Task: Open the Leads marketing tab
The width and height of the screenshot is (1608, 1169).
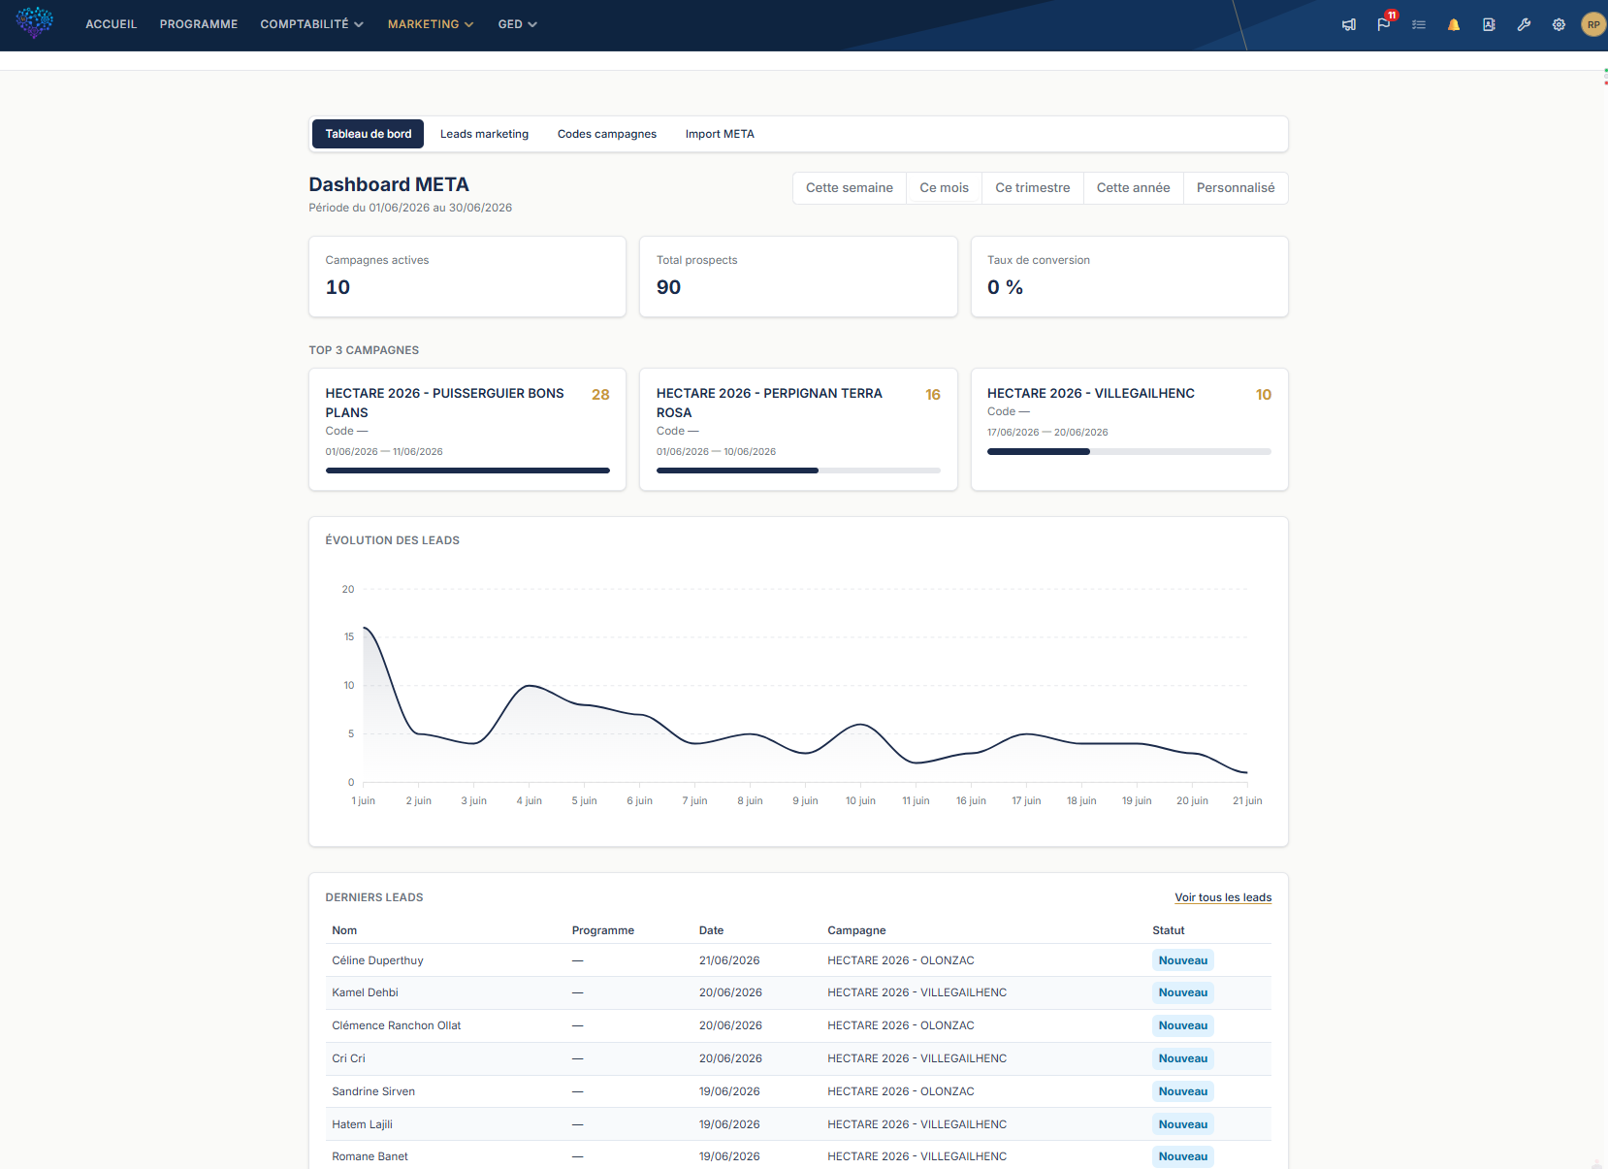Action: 484,134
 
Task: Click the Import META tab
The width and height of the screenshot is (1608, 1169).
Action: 720,134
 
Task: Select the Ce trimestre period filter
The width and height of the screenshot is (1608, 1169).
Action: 1032,188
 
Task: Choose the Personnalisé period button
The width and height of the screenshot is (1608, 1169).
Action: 1235,188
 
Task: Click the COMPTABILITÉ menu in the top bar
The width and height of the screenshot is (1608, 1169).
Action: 311,24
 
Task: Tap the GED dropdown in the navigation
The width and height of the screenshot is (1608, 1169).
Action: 517,24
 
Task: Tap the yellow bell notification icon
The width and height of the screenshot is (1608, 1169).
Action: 1454,25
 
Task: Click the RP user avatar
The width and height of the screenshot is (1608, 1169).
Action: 1592,25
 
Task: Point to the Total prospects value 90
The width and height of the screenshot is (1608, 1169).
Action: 668,287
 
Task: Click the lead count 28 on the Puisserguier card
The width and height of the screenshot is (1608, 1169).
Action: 600,395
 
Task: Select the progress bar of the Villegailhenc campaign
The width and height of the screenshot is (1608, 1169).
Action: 1129,452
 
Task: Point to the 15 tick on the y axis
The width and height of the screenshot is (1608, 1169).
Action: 349,637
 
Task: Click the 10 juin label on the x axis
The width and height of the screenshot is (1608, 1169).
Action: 860,800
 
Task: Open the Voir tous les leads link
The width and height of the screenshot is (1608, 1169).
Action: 1223,897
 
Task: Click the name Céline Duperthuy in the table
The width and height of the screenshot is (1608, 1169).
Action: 377,960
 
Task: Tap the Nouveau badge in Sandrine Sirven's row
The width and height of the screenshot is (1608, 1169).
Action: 1182,1091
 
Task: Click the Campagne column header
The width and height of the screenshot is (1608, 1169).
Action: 856,930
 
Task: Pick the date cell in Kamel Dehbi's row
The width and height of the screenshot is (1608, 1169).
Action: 730,993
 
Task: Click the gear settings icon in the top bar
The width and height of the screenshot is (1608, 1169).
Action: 1559,25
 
